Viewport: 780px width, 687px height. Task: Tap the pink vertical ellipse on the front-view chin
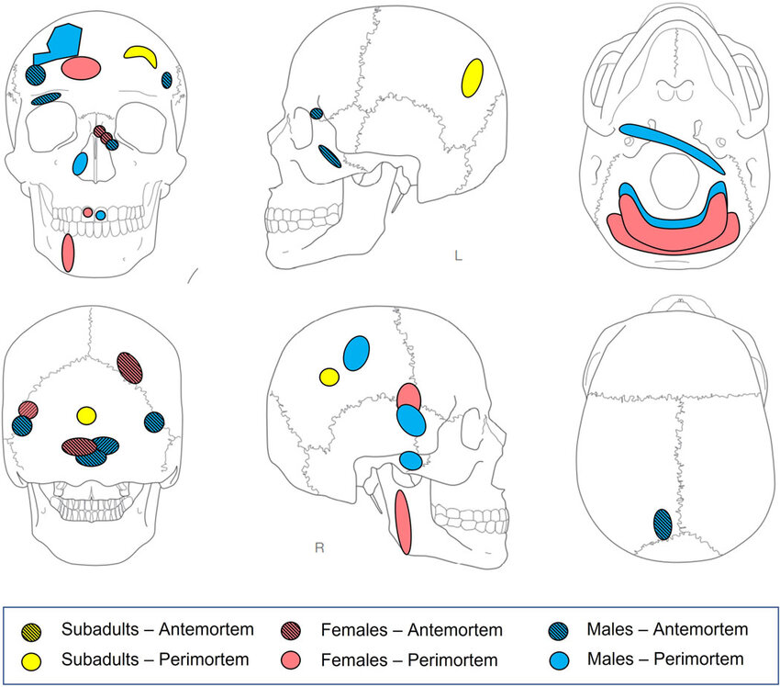pyautogui.click(x=67, y=253)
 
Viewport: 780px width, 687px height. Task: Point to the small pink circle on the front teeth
pyautogui.click(x=88, y=212)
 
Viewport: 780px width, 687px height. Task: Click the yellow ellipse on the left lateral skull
pyautogui.click(x=473, y=77)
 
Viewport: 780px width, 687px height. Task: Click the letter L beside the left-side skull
pyautogui.click(x=458, y=255)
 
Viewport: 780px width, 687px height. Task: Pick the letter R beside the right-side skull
pyautogui.click(x=319, y=548)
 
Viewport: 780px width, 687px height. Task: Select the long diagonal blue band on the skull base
pyautogui.click(x=674, y=147)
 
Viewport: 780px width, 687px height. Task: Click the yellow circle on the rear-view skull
pyautogui.click(x=86, y=416)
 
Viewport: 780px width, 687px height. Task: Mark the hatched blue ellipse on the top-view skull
pyautogui.click(x=663, y=524)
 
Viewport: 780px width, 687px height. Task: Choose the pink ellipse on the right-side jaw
pyautogui.click(x=403, y=522)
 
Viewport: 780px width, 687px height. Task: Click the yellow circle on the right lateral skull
pyautogui.click(x=329, y=377)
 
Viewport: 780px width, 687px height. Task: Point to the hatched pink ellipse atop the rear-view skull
pyautogui.click(x=131, y=367)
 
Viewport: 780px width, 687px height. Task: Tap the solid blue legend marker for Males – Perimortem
pyautogui.click(x=559, y=659)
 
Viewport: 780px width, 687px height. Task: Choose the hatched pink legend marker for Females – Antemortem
pyautogui.click(x=291, y=631)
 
